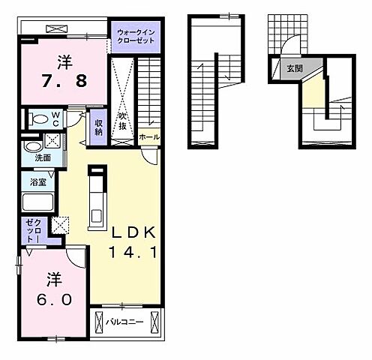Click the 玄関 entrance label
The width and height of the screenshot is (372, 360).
[295, 68]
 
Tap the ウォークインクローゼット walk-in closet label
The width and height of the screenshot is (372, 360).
[136, 37]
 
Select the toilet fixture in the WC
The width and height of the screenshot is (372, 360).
[39, 118]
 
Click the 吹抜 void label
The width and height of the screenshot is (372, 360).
[122, 121]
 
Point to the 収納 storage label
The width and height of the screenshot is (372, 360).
[98, 127]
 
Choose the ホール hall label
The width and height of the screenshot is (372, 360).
[149, 137]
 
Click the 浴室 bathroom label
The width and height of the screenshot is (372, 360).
[38, 182]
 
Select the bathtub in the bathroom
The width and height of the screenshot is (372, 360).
[37, 202]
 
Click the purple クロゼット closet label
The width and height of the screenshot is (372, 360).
[34, 231]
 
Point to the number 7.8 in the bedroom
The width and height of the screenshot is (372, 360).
[64, 81]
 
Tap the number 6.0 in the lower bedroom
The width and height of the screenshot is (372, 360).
[55, 299]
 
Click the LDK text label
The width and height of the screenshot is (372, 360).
[133, 232]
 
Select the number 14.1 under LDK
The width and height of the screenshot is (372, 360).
[133, 252]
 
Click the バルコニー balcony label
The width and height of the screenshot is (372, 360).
[124, 322]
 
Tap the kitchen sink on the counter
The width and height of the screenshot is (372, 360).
[96, 216]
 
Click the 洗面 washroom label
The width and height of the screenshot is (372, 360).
[43, 158]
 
